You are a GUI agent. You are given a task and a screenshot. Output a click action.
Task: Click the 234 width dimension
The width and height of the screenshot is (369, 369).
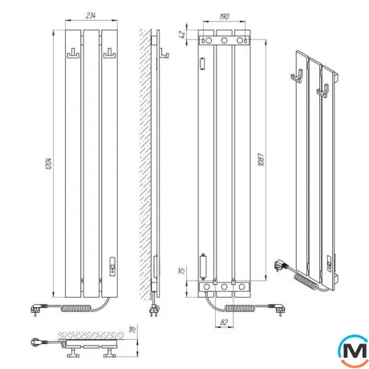click(91, 15)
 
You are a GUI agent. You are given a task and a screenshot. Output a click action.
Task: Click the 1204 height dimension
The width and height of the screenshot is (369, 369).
click(48, 164)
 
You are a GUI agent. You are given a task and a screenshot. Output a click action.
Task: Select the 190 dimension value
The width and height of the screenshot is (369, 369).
click(224, 17)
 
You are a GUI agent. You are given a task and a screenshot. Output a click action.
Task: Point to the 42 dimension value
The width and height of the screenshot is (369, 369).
click(182, 34)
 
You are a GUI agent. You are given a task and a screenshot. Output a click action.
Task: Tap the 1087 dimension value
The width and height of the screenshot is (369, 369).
click(262, 160)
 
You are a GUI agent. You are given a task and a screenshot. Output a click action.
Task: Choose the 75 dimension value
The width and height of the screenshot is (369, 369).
click(182, 270)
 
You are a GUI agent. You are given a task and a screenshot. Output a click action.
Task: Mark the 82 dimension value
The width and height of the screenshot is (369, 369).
click(224, 322)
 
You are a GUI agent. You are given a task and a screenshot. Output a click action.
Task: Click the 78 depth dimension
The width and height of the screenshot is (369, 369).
click(133, 330)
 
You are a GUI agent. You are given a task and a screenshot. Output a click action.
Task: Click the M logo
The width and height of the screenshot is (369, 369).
click(353, 351)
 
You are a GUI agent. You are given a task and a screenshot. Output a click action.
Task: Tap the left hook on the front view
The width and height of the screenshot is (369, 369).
click(73, 54)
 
